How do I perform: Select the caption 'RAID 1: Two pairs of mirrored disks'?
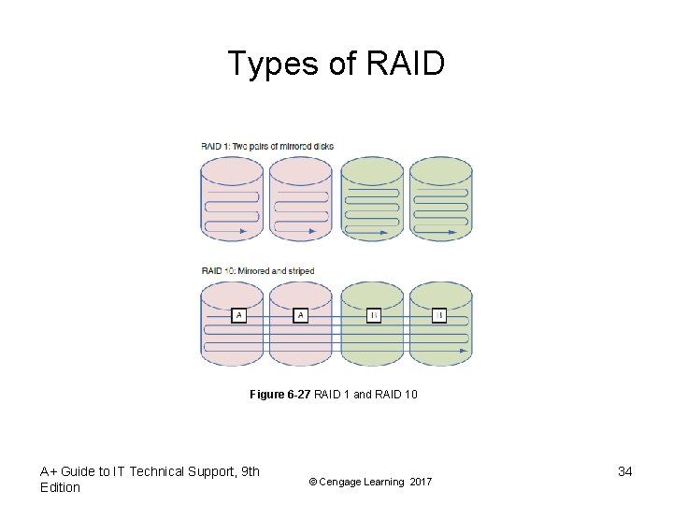click(x=267, y=146)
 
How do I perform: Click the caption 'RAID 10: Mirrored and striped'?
click(x=258, y=271)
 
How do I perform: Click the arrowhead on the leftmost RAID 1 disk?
click(x=243, y=229)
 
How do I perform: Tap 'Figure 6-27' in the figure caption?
click(x=279, y=396)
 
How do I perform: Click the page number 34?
click(x=625, y=471)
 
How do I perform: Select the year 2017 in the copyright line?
click(x=421, y=482)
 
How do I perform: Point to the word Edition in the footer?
click(x=61, y=487)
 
